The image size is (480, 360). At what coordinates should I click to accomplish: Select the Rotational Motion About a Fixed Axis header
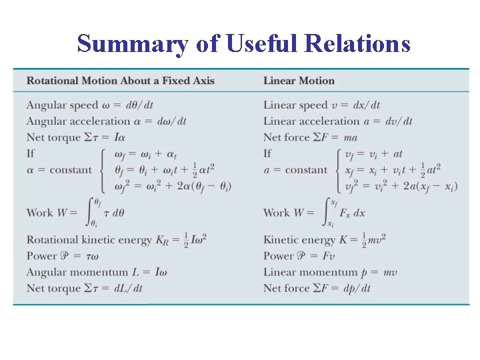click(120, 81)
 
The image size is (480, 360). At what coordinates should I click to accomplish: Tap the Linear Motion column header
click(299, 81)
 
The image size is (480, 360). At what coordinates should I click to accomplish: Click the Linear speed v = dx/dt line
click(321, 105)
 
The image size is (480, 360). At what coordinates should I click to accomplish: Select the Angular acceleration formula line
click(106, 121)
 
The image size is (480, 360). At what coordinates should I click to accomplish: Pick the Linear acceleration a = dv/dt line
click(337, 121)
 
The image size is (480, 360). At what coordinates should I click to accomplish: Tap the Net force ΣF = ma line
click(310, 137)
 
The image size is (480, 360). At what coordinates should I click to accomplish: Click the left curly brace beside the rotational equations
click(102, 170)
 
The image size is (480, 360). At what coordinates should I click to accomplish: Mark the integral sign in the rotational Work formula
click(93, 211)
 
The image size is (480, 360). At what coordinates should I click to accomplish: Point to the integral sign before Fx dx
click(327, 211)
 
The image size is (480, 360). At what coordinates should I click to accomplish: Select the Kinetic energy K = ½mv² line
click(324, 240)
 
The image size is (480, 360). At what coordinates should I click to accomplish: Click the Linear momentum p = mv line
click(321, 272)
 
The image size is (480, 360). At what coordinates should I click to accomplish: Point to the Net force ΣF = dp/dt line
click(317, 288)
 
